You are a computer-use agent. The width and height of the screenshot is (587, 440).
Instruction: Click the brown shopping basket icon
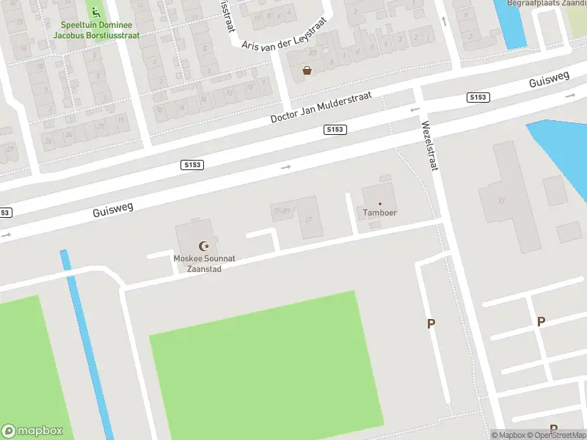[307, 70]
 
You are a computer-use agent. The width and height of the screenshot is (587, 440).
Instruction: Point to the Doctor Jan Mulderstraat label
[321, 107]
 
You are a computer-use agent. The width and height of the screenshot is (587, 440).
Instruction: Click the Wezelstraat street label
[429, 144]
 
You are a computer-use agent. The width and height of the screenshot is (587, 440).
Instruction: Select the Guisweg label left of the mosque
[113, 210]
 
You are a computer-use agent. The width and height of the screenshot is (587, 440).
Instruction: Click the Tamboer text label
[379, 213]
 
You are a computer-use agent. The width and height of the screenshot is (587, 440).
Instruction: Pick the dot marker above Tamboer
[379, 203]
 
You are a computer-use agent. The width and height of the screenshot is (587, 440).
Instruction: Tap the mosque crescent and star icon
[203, 246]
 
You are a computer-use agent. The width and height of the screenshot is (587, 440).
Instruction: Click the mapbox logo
[31, 430]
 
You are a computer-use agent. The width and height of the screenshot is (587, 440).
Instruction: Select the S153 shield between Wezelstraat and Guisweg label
[478, 97]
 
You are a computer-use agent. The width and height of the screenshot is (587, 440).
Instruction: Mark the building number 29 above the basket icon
[312, 53]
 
